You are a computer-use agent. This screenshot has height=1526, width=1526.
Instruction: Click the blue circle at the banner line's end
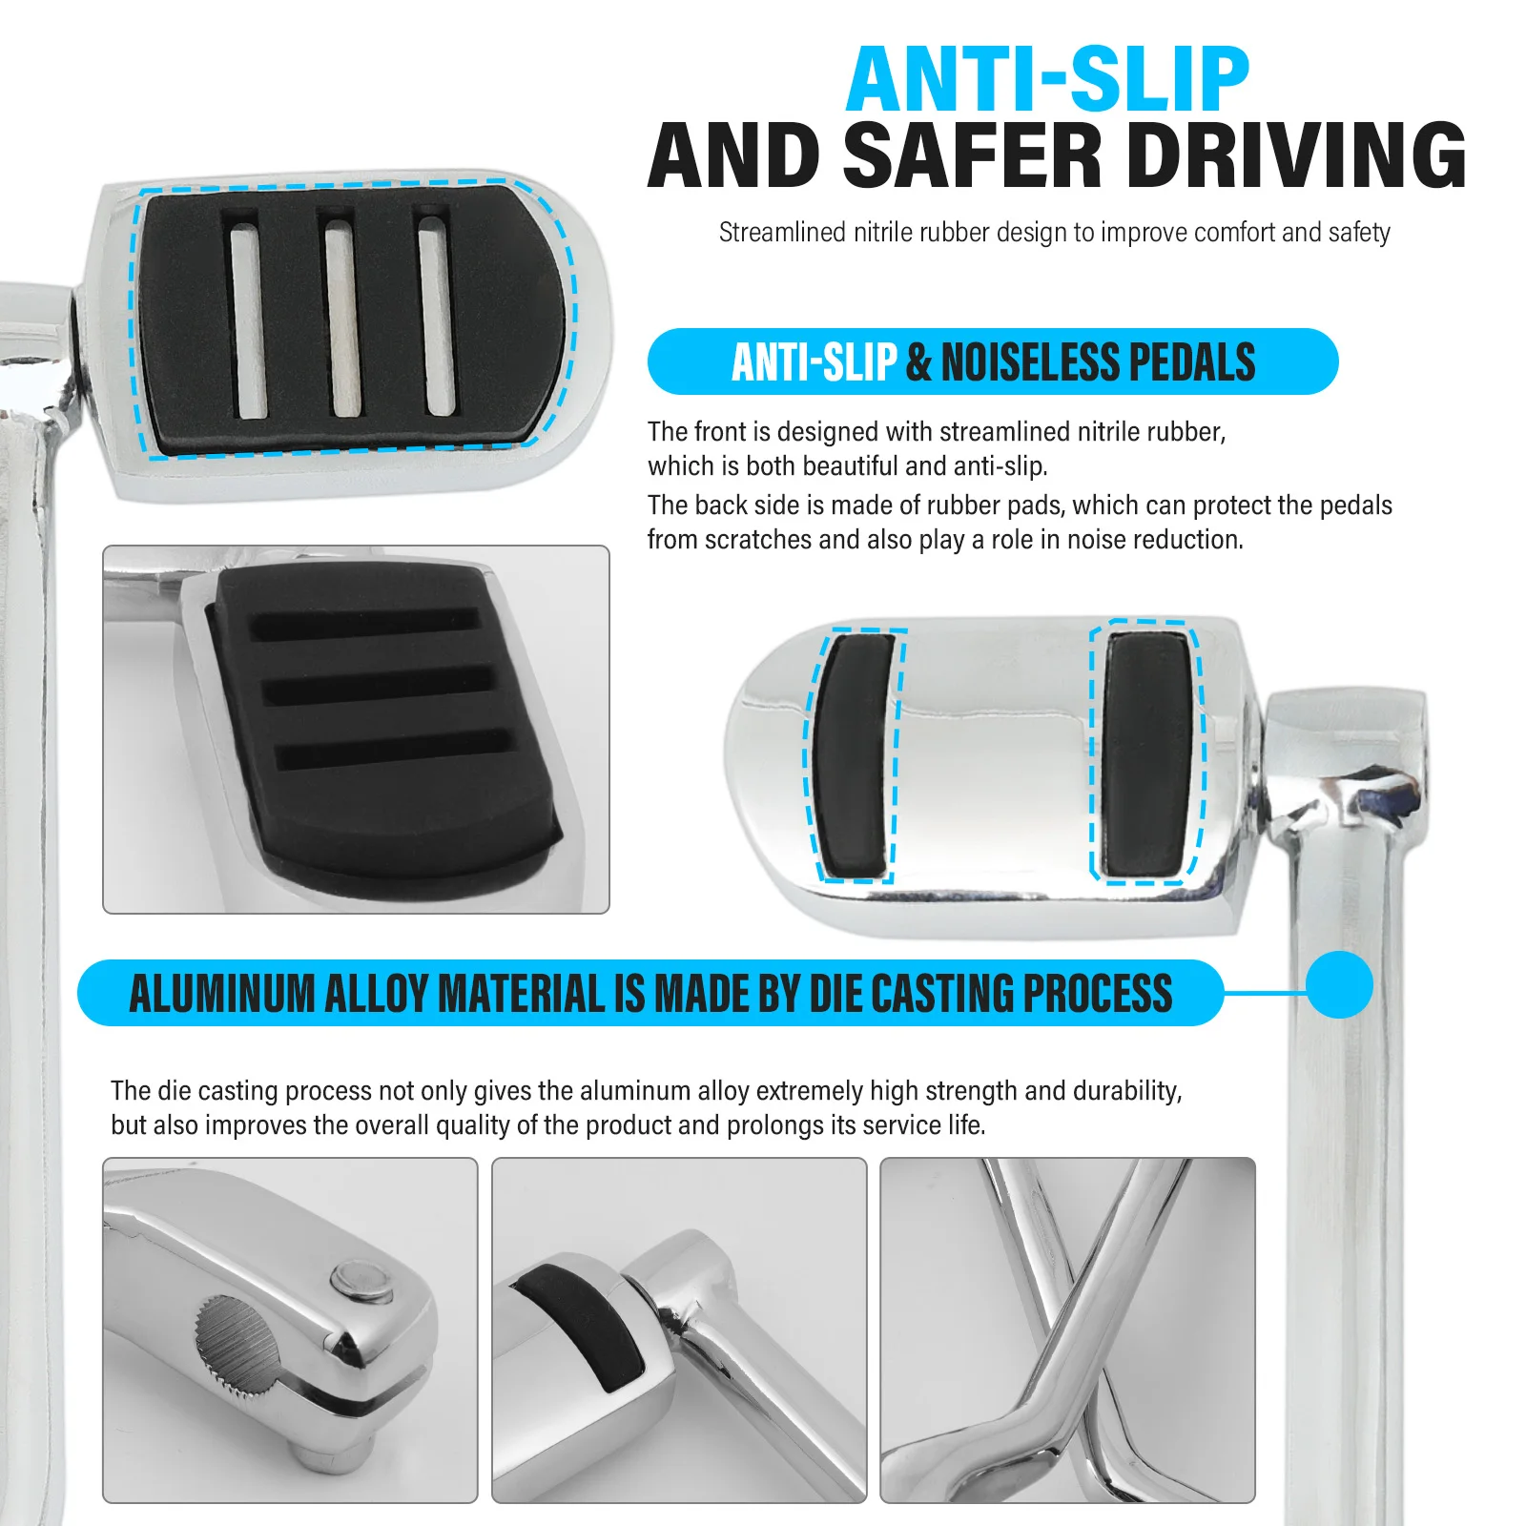pos(1339,984)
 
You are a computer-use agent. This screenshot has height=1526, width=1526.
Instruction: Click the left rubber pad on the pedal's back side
pos(853,755)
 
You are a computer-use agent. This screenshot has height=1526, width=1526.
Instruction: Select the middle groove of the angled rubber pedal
pos(378,686)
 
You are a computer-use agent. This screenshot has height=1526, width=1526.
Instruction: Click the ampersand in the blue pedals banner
pos(918,362)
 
